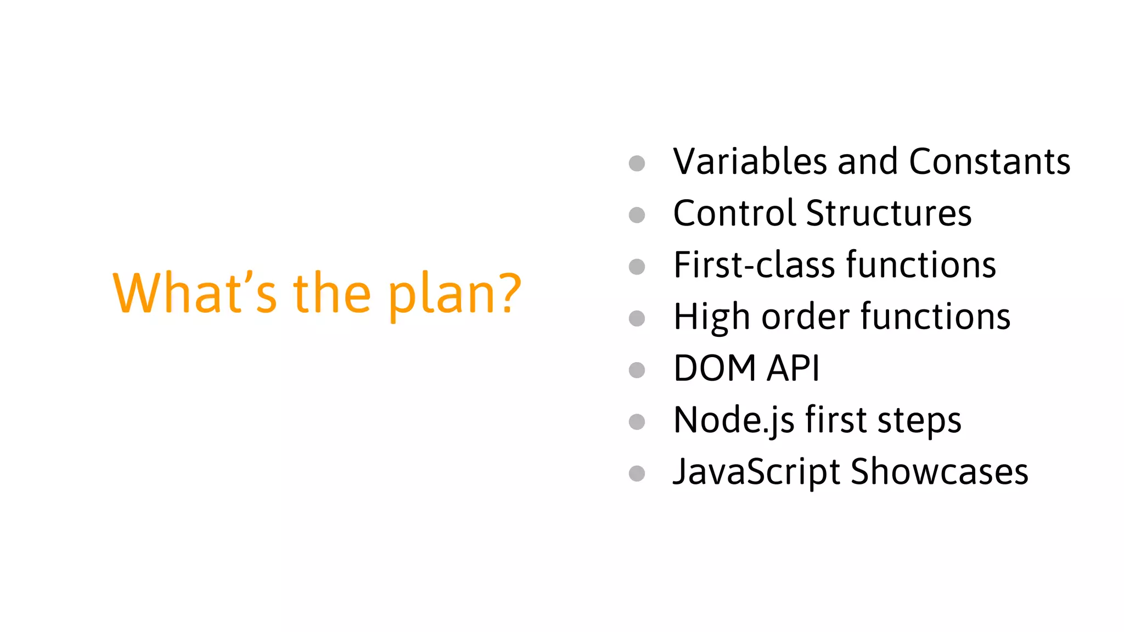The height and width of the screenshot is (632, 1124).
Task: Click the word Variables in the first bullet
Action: tap(750, 162)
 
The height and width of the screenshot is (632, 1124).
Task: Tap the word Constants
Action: tap(990, 162)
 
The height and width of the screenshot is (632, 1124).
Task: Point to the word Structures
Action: tap(889, 213)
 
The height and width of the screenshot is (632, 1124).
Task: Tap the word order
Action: tap(806, 317)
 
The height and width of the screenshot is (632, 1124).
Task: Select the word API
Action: tap(793, 368)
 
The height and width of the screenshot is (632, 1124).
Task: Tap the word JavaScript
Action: tap(756, 472)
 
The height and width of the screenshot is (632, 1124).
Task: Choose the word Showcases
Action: tap(939, 472)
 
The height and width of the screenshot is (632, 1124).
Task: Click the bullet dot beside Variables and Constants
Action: tap(637, 163)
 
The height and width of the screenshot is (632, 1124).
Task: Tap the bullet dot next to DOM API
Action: tap(637, 370)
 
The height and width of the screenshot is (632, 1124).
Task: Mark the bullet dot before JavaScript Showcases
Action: tap(637, 473)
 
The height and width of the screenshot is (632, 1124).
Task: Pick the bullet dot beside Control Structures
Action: tap(637, 215)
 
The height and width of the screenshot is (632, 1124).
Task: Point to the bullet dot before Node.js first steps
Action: tap(637, 422)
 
